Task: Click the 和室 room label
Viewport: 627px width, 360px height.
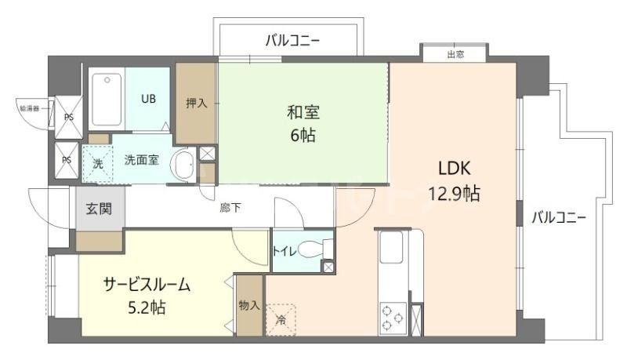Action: (x=303, y=111)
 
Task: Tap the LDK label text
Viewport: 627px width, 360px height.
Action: (x=453, y=168)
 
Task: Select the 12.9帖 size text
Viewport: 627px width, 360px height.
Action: (x=454, y=193)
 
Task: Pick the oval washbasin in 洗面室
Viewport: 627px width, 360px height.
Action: (x=183, y=165)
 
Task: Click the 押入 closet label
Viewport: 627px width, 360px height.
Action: (x=197, y=103)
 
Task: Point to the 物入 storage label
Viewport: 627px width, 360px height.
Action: (x=249, y=305)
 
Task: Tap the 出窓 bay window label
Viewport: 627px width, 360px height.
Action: (x=455, y=54)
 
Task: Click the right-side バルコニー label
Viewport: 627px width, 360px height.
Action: (x=559, y=217)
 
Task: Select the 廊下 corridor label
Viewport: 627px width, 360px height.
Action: (x=230, y=208)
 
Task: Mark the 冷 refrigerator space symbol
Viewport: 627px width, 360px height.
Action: (x=281, y=318)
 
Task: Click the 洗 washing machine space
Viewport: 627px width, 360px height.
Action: (x=98, y=164)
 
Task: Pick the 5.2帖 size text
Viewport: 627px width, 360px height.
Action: (x=147, y=307)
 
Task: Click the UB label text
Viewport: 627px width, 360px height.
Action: (x=148, y=99)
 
